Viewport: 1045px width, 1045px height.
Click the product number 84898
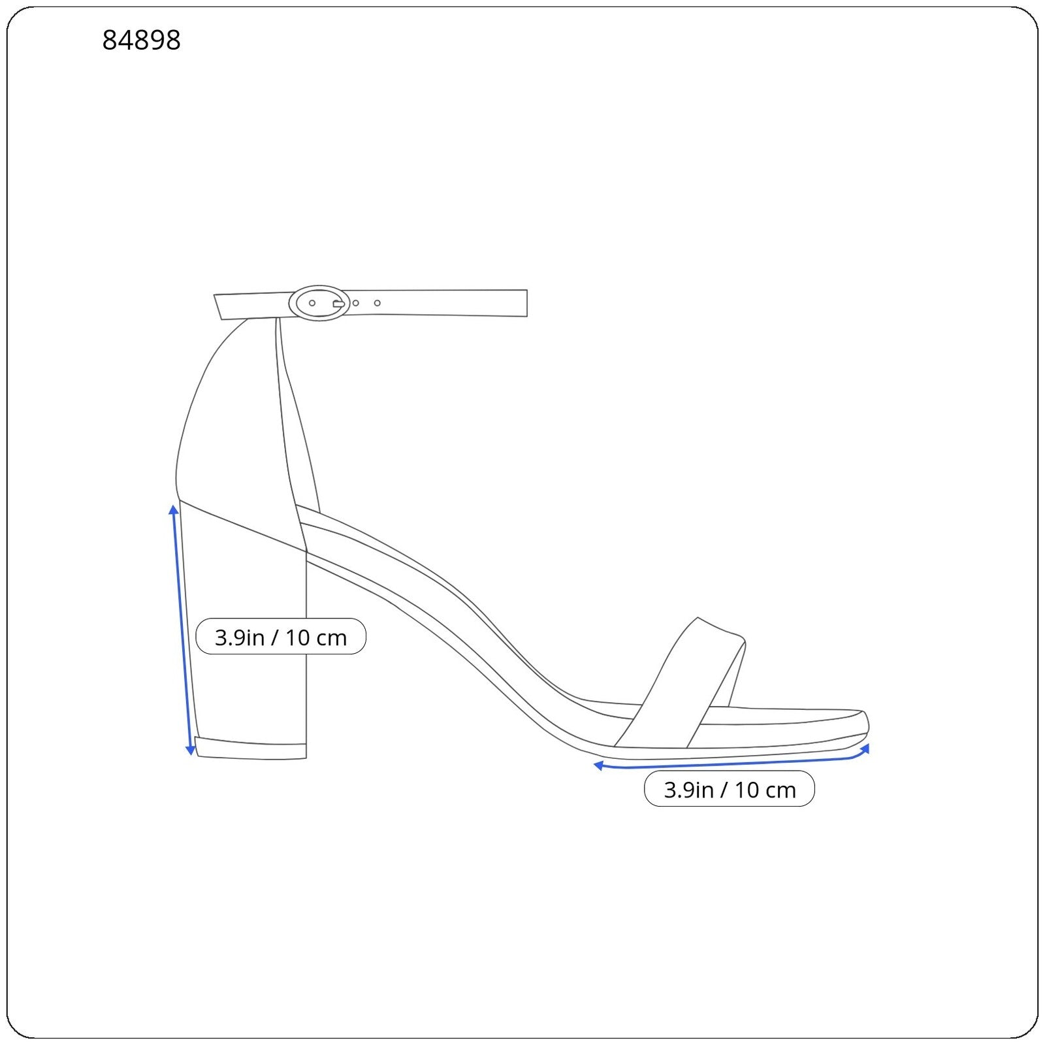141,40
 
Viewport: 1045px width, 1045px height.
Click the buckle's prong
339,304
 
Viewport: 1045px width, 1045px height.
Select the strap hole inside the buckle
312,303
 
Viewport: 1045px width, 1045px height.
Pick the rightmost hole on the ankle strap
377,303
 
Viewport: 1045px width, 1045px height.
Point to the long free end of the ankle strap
438,303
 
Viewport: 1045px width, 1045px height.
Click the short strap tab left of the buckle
252,306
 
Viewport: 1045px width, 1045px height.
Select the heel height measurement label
281,637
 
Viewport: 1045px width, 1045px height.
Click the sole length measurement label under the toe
730,789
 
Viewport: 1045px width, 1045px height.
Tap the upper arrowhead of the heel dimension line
174,509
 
